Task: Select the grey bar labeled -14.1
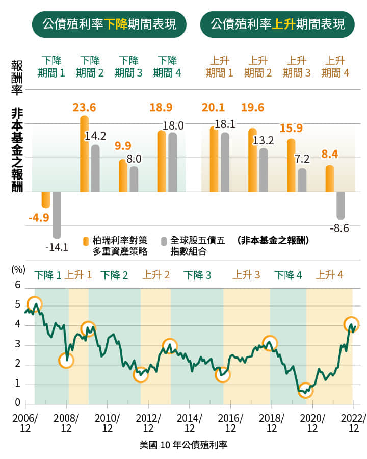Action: [x=57, y=215]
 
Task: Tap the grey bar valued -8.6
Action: [x=340, y=206]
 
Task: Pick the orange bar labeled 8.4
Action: [x=330, y=178]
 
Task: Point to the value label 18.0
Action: [x=173, y=125]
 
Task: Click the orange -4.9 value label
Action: [x=38, y=218]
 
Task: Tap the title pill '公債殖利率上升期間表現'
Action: [x=277, y=24]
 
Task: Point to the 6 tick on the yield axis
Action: [x=17, y=285]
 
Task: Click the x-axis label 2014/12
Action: [x=190, y=423]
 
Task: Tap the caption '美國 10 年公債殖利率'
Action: [x=183, y=444]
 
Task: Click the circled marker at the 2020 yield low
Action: [x=305, y=391]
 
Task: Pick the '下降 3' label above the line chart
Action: [x=197, y=275]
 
